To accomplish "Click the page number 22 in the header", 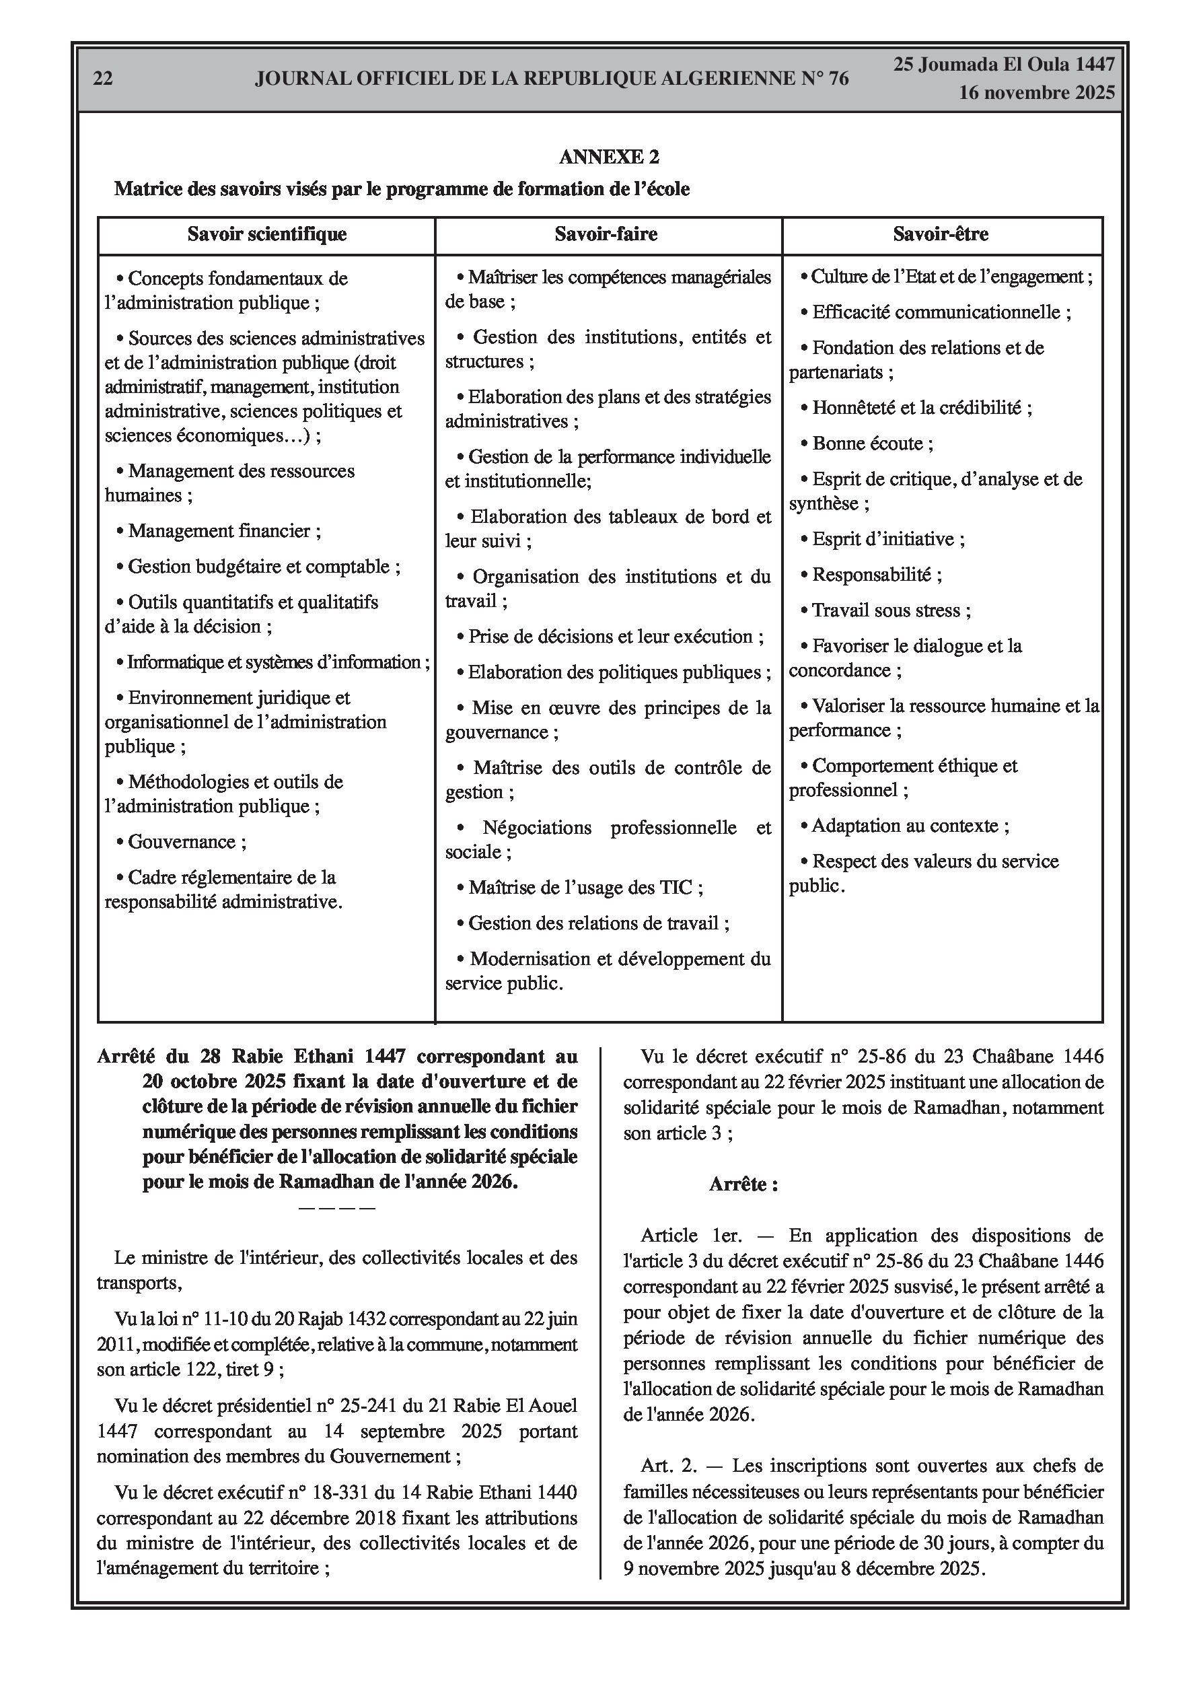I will (103, 79).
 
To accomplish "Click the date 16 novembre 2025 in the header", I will (1037, 94).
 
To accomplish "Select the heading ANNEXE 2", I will (609, 157).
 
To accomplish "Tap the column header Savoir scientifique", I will (266, 235).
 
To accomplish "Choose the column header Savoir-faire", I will (606, 235).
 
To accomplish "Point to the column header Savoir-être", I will (941, 235).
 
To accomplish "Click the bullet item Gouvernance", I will (186, 842).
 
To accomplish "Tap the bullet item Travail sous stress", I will (891, 611).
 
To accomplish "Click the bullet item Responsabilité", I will (876, 575).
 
